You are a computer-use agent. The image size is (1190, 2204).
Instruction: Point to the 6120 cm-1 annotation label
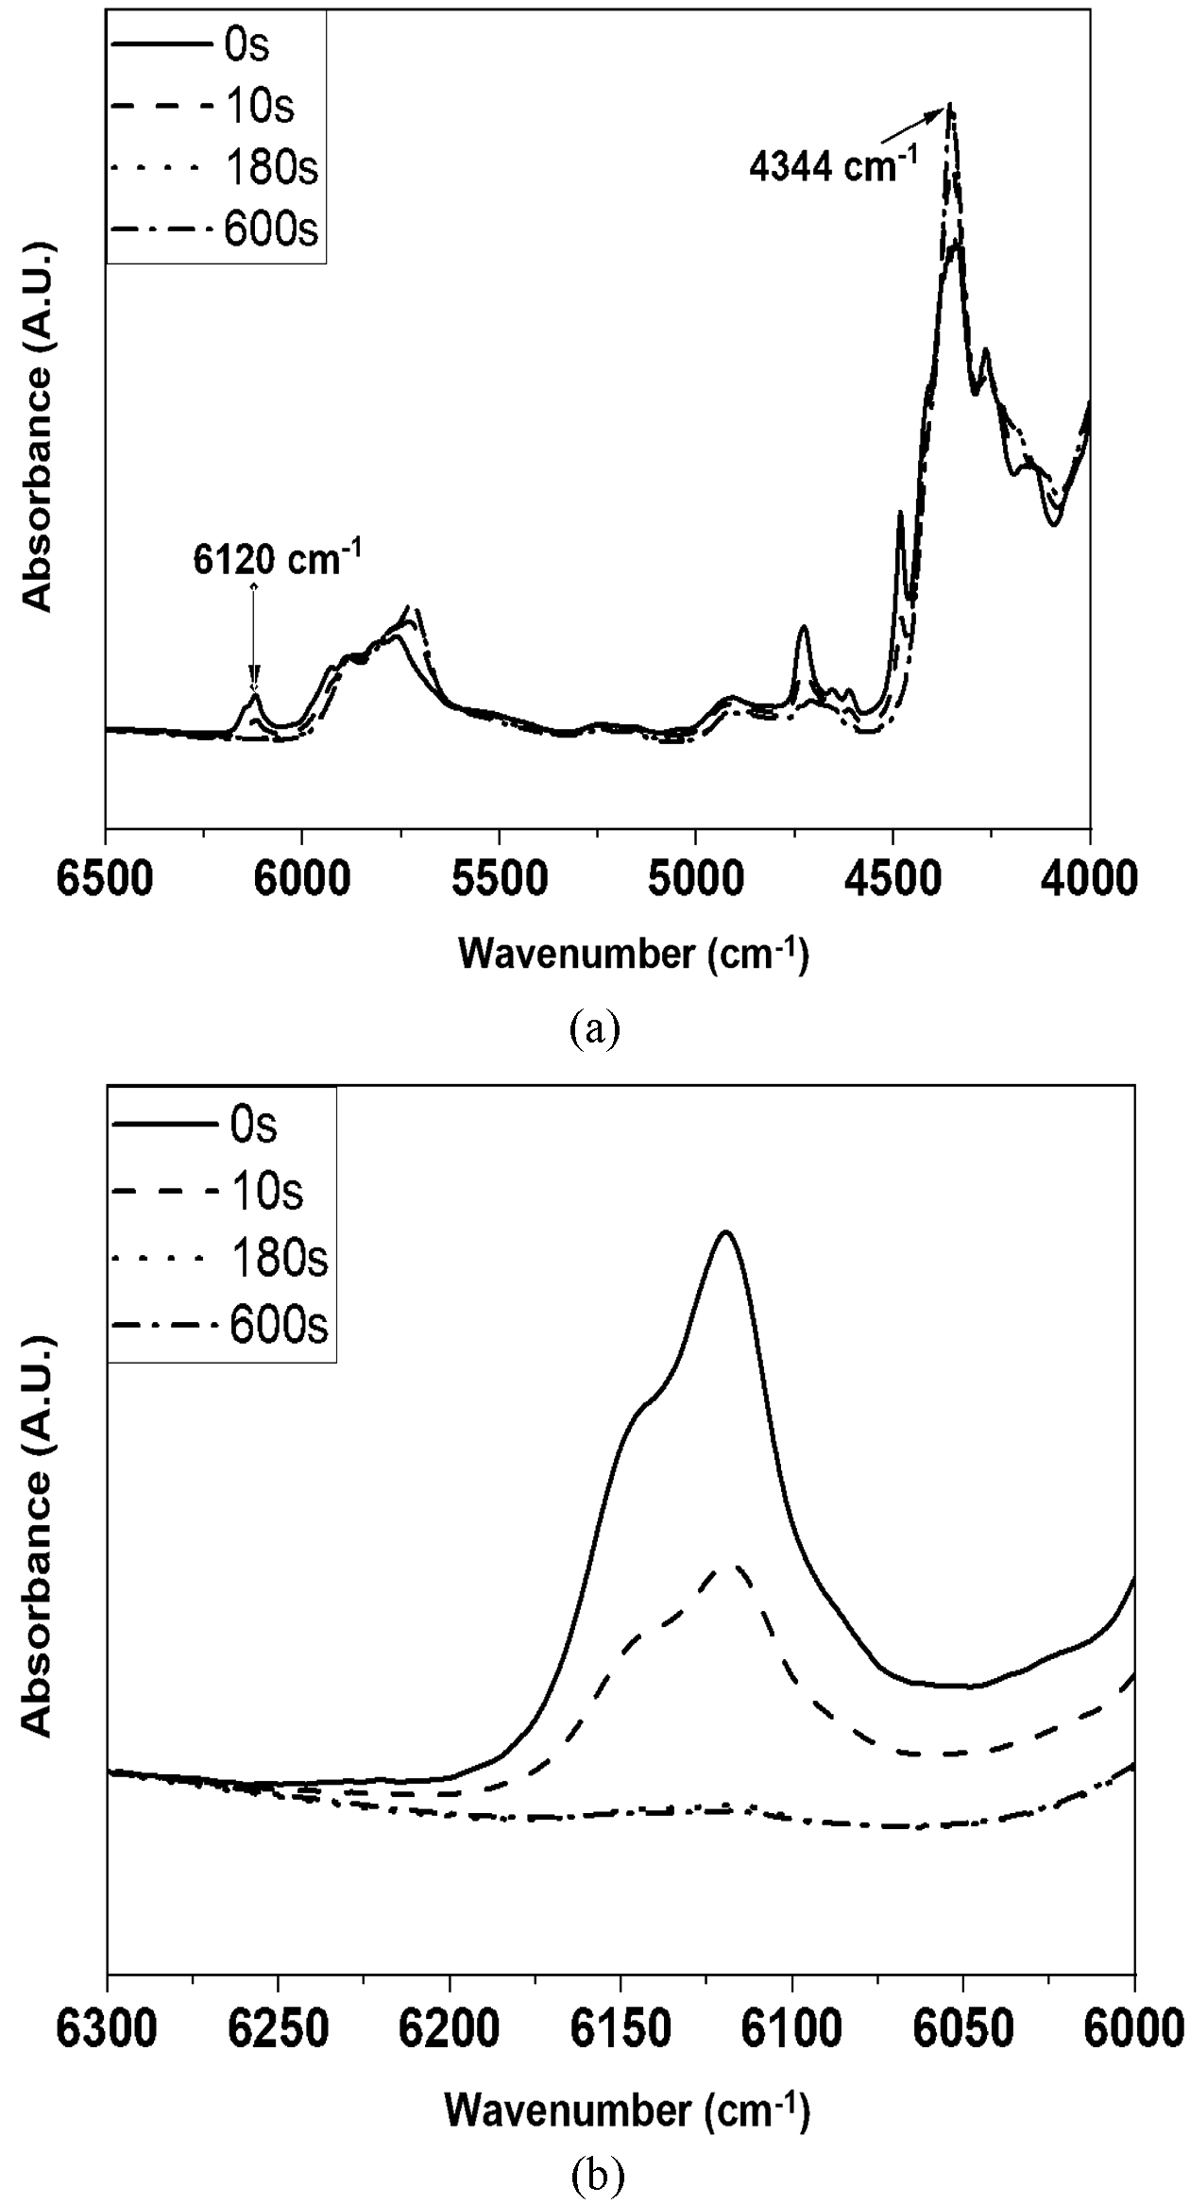tap(278, 560)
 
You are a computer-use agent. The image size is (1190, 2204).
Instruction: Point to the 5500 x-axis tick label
tap(498, 881)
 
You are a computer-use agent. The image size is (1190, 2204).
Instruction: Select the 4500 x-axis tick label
tap(892, 881)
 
